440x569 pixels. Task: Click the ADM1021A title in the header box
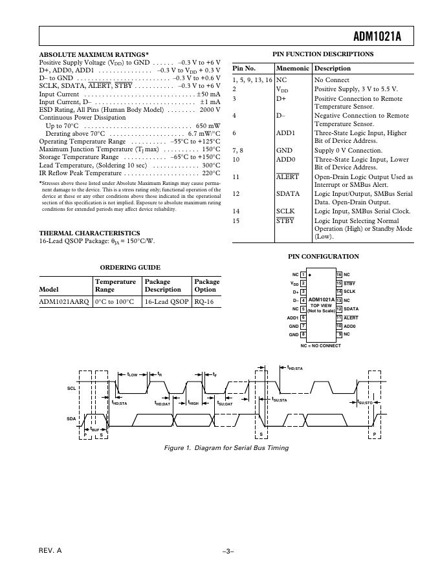pos(377,37)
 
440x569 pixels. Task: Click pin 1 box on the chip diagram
pos(303,275)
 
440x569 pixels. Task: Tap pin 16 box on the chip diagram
pos(338,275)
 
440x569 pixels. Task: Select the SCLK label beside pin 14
pos(350,292)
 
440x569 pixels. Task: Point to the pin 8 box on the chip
pos(303,334)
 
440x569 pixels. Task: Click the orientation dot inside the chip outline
pos(311,275)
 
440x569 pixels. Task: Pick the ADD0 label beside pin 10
pos(349,326)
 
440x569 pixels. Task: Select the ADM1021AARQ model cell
pos(63,301)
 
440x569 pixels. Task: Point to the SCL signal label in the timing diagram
pos(71,388)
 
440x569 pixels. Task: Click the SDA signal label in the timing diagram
pos(71,419)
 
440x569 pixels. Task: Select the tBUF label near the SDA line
pos(94,429)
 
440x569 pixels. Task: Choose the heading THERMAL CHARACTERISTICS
pos(89,233)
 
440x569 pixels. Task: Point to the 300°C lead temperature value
pos(211,165)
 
